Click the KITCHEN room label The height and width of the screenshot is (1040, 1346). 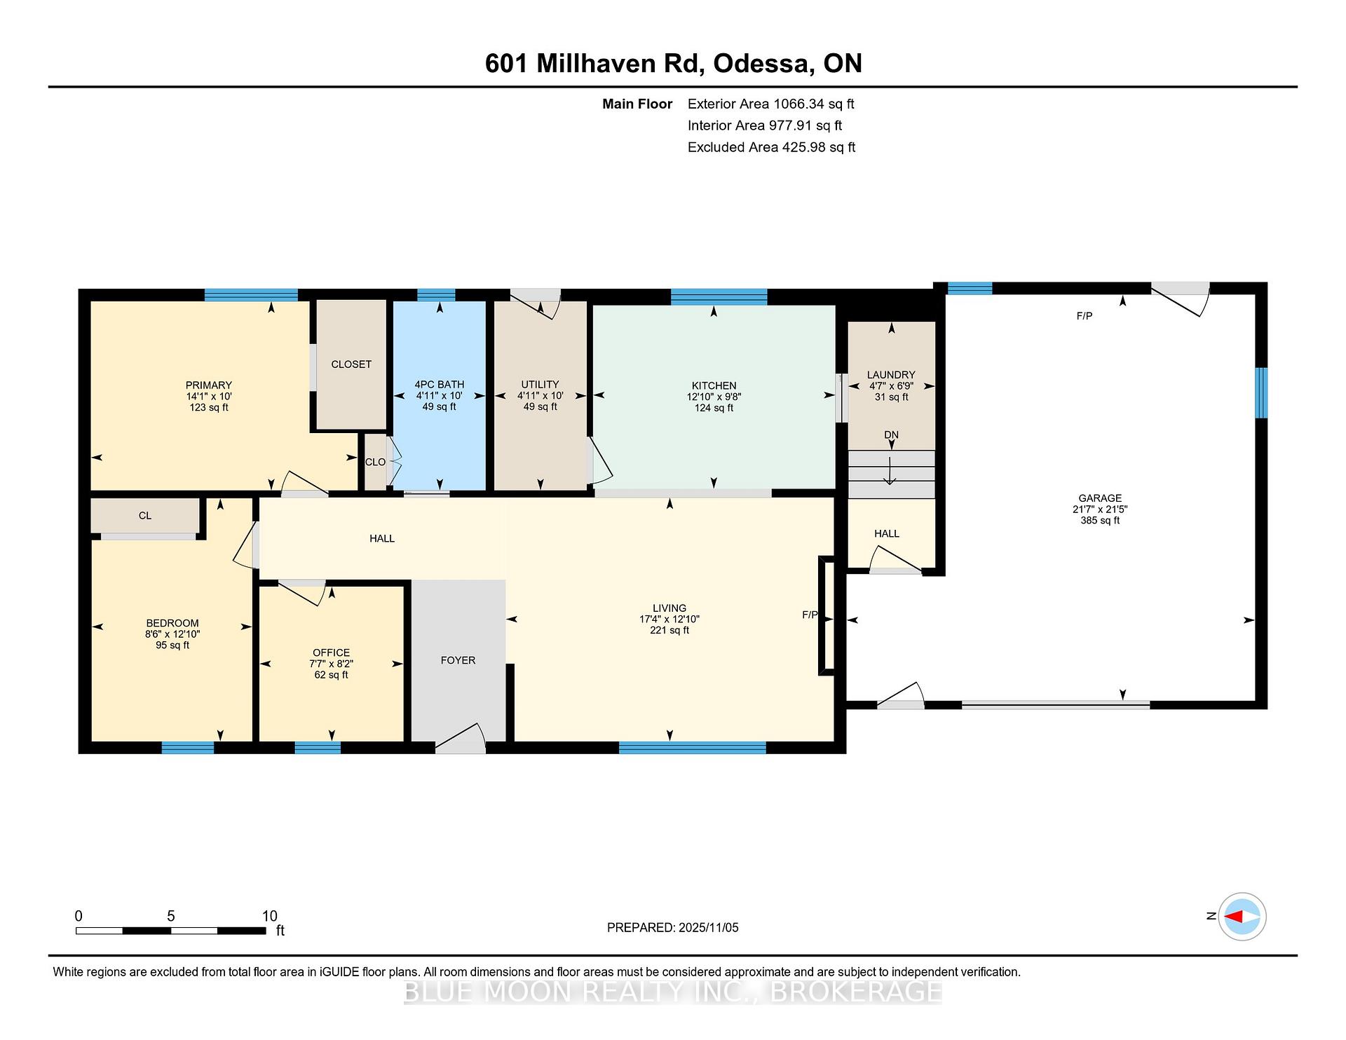(714, 385)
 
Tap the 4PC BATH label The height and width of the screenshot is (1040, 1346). (439, 384)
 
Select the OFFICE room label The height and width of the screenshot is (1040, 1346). (331, 652)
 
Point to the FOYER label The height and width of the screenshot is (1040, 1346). (458, 660)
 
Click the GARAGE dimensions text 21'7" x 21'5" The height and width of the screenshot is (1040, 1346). (1100, 509)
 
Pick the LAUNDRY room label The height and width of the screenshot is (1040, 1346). (891, 375)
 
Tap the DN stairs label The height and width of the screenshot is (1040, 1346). (891, 435)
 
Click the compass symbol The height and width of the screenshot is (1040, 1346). (1242, 916)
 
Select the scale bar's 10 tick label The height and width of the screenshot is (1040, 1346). (270, 916)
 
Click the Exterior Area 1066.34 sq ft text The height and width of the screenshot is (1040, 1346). (770, 104)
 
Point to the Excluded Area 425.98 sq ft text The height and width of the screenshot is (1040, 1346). (771, 147)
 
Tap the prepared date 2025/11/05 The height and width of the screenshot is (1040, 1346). (708, 927)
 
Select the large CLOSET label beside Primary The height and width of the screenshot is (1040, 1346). (351, 364)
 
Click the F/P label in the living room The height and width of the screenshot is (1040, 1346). (810, 615)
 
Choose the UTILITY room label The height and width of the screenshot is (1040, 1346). (540, 384)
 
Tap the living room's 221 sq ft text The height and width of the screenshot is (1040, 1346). (669, 630)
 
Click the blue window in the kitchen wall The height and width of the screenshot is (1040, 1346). (719, 296)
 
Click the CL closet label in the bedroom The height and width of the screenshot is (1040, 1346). (145, 516)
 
